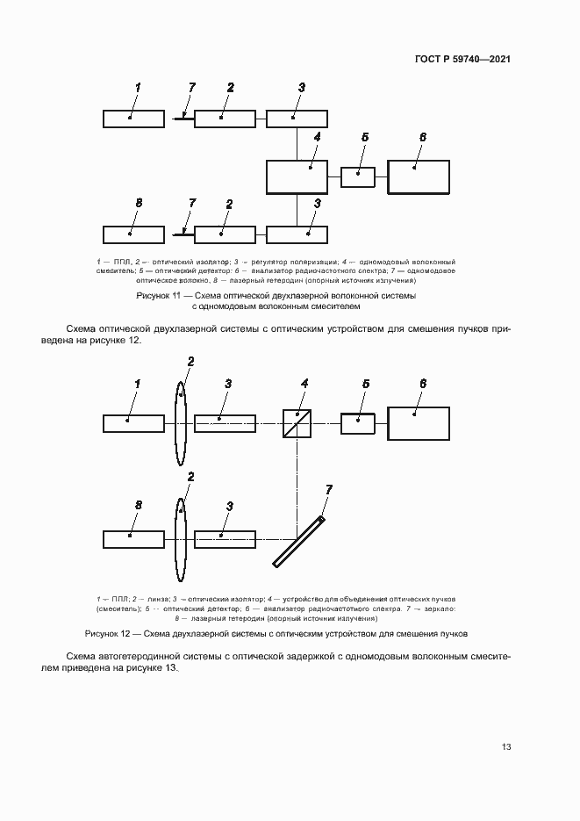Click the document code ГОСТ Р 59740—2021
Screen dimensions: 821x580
462,60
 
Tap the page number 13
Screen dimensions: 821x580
506,747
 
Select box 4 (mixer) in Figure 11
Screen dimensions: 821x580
297,176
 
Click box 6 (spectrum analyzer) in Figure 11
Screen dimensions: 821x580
419,176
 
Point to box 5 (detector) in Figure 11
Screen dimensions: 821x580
357,176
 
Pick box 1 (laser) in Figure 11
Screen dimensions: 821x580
133,119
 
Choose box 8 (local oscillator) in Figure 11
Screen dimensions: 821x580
133,234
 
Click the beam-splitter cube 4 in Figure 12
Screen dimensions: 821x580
297,423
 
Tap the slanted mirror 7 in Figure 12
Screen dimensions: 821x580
298,542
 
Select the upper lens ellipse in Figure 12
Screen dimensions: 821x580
181,423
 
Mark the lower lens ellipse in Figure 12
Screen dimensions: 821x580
181,538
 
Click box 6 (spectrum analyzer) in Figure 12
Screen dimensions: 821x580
419,423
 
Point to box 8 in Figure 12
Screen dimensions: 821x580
133,538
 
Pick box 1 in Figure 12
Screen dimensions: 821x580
133,423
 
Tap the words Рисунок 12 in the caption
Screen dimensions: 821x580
106,633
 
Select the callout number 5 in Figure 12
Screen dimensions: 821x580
365,384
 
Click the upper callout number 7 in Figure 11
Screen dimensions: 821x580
192,87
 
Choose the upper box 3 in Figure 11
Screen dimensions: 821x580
297,119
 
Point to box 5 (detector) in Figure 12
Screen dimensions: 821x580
357,423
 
